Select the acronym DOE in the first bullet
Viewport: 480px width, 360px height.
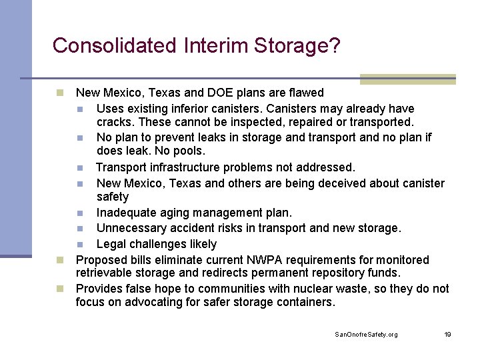click(x=220, y=93)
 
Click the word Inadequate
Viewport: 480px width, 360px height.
click(x=127, y=213)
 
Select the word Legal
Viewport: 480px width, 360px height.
click(x=111, y=244)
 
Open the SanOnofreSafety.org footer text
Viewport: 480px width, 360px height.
click(x=366, y=334)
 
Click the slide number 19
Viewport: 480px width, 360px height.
click(x=447, y=334)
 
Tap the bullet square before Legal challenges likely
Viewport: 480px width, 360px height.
click(x=79, y=245)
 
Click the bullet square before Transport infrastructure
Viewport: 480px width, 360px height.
click(x=79, y=167)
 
